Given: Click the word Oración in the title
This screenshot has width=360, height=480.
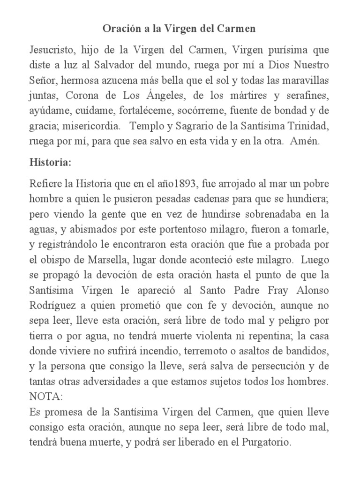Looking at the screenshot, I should click(x=121, y=29).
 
